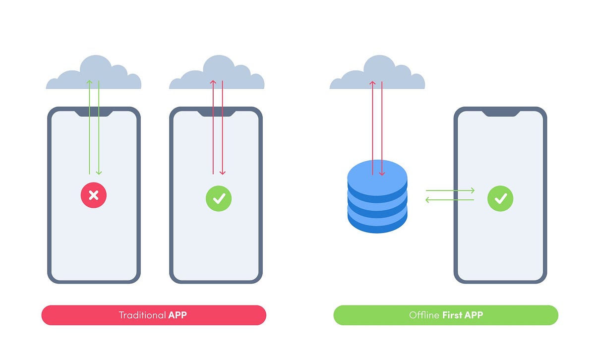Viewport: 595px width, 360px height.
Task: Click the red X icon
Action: pos(94,195)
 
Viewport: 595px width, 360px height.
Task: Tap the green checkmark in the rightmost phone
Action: pos(500,199)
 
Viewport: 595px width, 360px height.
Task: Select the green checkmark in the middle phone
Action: pos(219,199)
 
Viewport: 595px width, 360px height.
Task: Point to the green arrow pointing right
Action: pos(450,190)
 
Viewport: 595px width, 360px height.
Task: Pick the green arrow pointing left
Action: pos(450,200)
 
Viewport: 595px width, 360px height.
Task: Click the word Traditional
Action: pos(142,315)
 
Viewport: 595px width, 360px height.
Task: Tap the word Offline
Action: pos(423,315)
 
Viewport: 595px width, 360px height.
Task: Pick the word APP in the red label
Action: pos(178,315)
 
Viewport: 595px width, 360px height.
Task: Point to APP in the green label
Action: pos(473,315)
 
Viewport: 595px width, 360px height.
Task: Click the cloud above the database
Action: pos(377,74)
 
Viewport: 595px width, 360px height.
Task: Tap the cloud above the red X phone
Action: pos(94,74)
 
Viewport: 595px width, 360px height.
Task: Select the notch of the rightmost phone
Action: pos(501,113)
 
